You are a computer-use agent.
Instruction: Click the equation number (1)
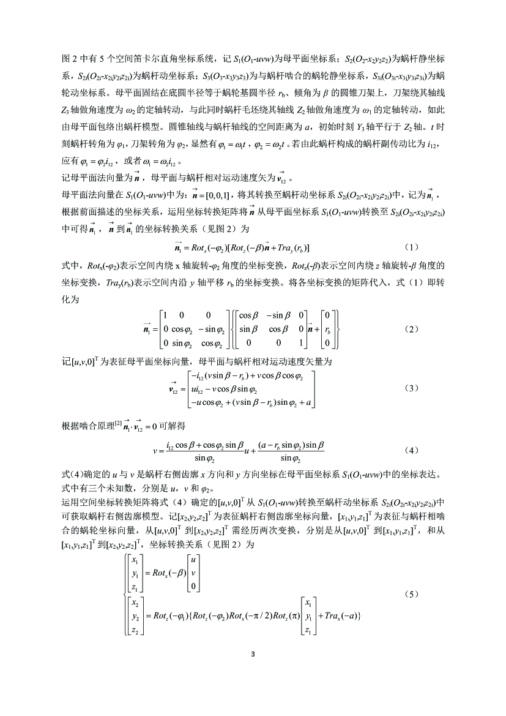click(x=411, y=247)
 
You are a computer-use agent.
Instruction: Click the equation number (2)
click(x=411, y=329)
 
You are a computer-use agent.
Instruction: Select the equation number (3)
click(x=411, y=389)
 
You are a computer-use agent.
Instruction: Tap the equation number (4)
click(x=411, y=450)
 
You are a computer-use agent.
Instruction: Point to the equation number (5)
click(x=411, y=594)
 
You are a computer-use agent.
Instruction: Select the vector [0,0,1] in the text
click(x=217, y=195)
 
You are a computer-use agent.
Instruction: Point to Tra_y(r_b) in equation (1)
click(x=291, y=247)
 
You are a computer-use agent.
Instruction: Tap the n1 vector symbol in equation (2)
click(x=147, y=329)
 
